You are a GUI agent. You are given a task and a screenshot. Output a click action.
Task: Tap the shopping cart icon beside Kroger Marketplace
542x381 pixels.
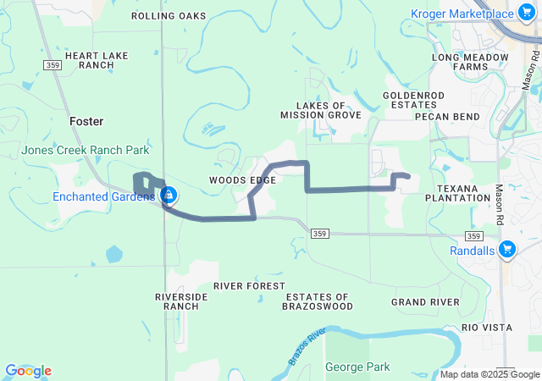pos(530,14)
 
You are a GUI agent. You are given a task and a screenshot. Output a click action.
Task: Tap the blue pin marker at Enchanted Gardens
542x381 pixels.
pos(169,196)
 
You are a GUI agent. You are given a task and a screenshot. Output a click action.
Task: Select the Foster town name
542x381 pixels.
pos(86,122)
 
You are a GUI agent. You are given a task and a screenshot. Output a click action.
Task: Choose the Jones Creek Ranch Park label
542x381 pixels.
pos(86,151)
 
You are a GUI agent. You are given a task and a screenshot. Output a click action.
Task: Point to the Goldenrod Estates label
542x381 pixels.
pos(407,100)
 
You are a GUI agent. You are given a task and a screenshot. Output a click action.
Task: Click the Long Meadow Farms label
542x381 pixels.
pos(470,61)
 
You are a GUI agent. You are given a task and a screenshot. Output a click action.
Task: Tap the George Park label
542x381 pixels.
pos(357,367)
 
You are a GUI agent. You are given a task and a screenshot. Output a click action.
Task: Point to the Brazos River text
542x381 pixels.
pos(307,345)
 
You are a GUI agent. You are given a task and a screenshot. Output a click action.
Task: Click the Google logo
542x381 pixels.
pos(28,371)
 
